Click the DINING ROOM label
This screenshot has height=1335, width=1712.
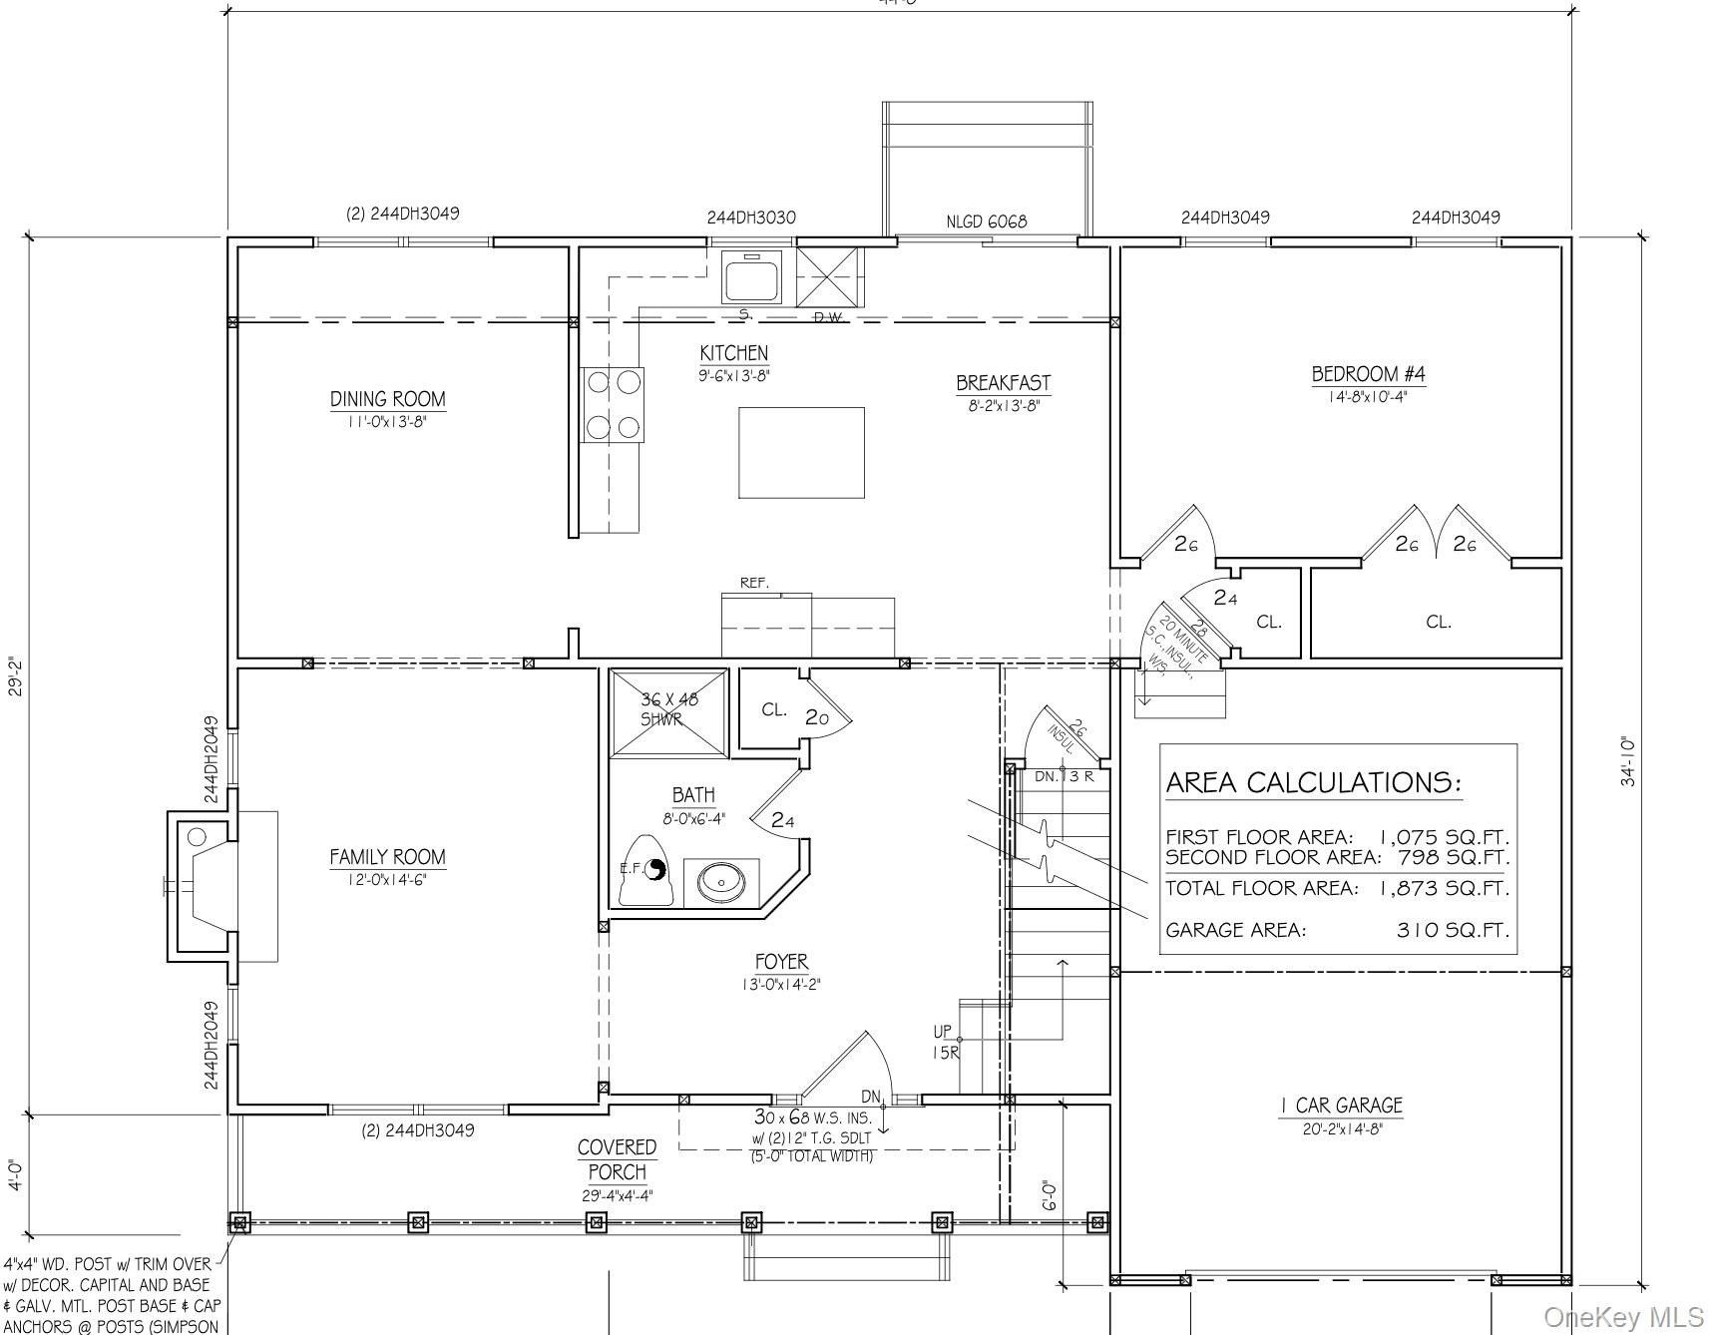click(387, 399)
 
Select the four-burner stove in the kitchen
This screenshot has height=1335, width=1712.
click(613, 404)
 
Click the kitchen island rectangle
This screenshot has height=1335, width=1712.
click(800, 452)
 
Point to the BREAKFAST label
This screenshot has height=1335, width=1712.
click(1003, 382)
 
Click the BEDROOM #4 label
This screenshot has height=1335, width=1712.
click(1368, 374)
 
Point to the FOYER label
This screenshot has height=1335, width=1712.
click(781, 962)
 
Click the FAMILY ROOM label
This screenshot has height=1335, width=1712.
click(387, 857)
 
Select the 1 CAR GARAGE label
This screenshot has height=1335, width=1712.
click(1341, 1105)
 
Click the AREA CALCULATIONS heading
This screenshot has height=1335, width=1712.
click(1312, 782)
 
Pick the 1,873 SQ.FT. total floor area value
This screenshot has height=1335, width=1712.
click(1444, 888)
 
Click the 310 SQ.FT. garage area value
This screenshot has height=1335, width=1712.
click(1452, 930)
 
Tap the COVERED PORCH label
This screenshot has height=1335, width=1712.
click(617, 1159)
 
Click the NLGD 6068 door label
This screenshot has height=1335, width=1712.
click(986, 222)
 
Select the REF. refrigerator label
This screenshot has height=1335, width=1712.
click(753, 583)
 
